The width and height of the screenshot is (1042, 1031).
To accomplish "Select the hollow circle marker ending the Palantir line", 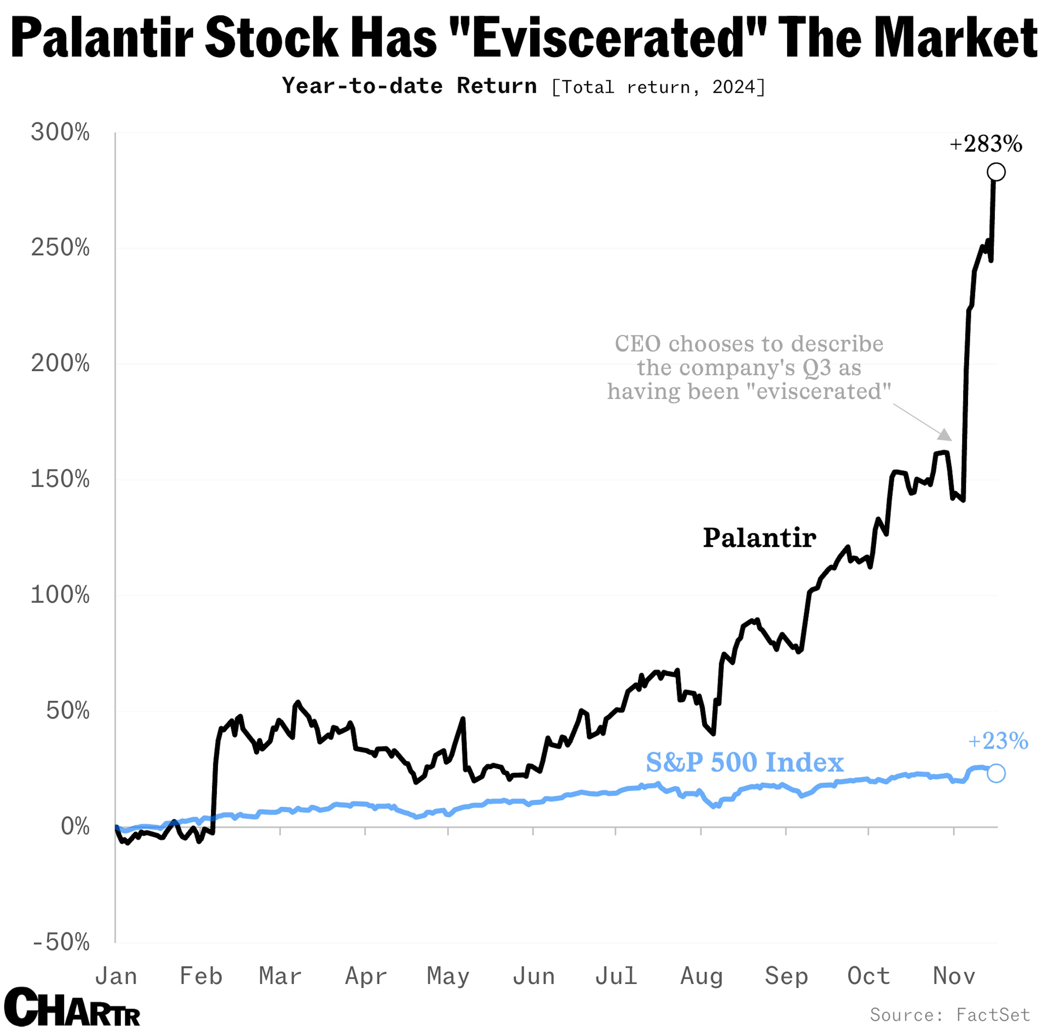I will click(996, 172).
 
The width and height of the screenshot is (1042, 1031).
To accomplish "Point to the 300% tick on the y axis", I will click(60, 132).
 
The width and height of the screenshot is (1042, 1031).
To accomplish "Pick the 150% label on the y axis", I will click(60, 479).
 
